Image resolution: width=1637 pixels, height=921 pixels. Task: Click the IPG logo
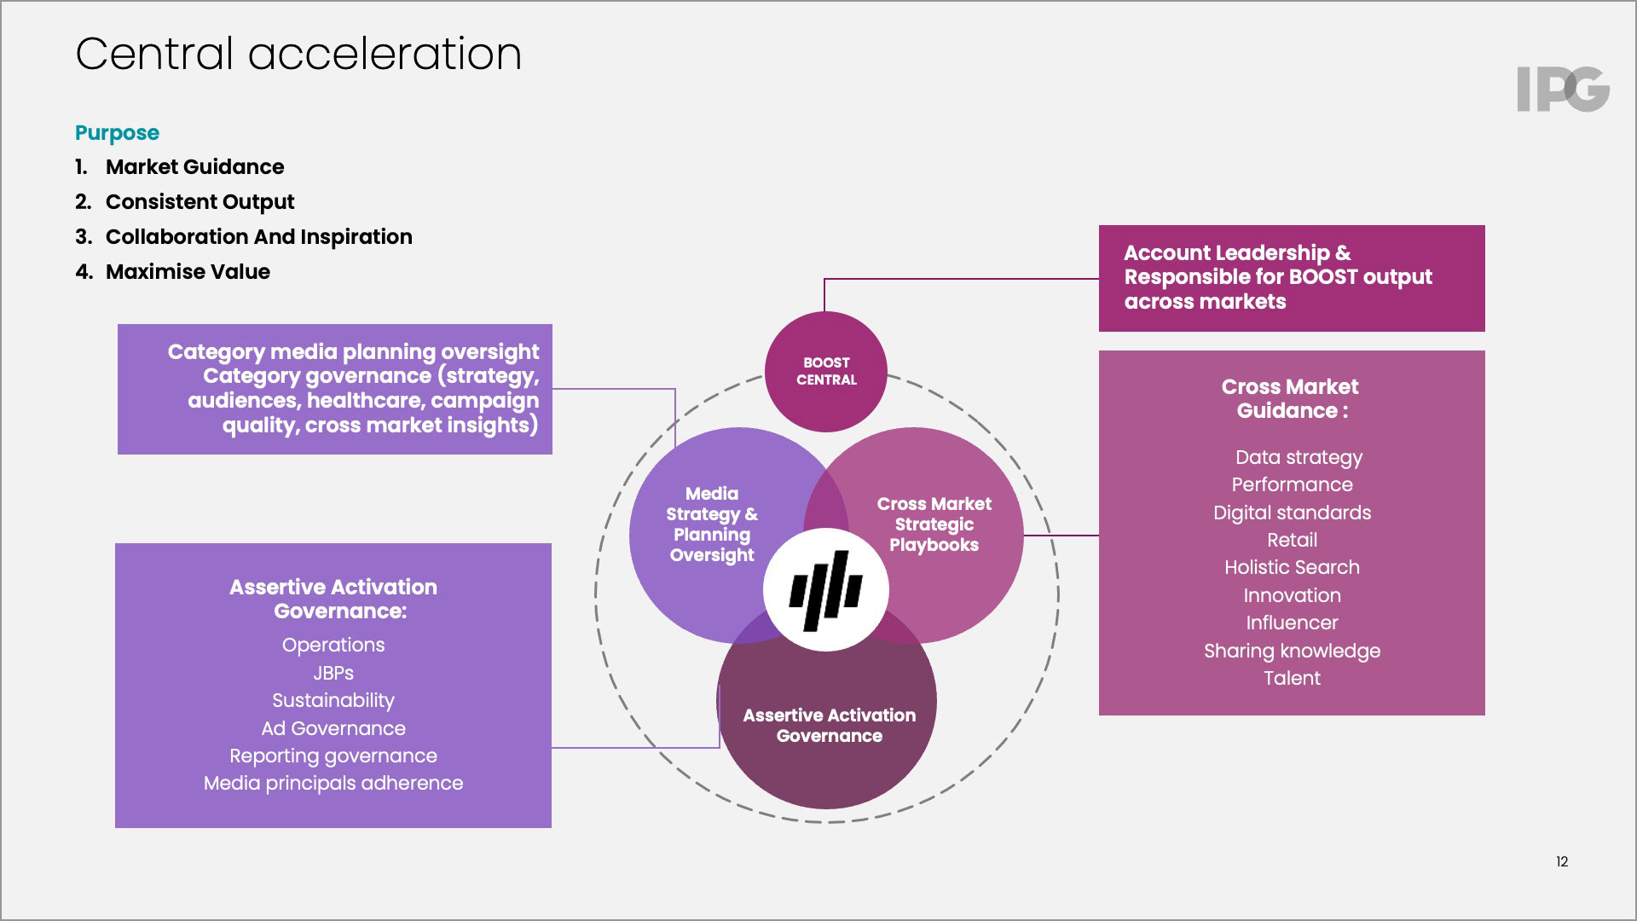(x=1563, y=90)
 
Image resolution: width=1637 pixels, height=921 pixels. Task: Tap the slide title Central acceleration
(x=298, y=54)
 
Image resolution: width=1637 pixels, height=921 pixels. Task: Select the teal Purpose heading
(x=117, y=133)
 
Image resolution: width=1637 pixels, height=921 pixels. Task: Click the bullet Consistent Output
(x=200, y=202)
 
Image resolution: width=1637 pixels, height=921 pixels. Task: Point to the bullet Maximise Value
(x=188, y=272)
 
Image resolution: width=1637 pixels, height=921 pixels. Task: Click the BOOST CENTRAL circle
(x=825, y=372)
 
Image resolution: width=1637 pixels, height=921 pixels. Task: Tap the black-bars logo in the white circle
(x=825, y=590)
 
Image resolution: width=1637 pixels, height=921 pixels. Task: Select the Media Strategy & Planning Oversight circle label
(x=712, y=524)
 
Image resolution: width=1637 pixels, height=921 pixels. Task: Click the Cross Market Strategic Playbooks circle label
(x=934, y=524)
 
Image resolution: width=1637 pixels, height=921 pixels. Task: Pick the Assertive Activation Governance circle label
(x=829, y=726)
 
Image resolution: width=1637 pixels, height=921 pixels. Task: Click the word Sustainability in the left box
(x=333, y=701)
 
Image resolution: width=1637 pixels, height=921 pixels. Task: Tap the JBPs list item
(x=333, y=674)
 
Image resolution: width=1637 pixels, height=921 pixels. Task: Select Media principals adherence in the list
(x=333, y=784)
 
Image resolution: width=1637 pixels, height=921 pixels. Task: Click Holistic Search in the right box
(x=1292, y=568)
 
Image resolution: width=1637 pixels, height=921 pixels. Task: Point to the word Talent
(x=1292, y=679)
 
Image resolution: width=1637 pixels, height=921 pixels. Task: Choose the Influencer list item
(x=1292, y=623)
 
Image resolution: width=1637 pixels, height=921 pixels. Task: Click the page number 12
(x=1562, y=862)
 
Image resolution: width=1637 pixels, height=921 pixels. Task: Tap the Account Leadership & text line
(x=1237, y=253)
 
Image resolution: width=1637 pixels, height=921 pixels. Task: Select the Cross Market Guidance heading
(x=1290, y=399)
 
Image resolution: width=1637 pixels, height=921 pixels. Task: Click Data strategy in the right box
(x=1299, y=458)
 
